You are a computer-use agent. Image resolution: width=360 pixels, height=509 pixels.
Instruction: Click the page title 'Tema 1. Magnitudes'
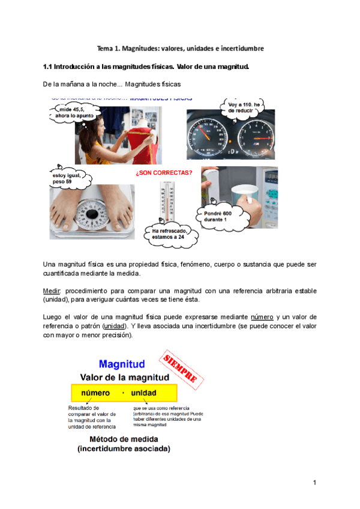181,47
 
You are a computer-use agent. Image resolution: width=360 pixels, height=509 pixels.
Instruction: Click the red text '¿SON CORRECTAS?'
164,173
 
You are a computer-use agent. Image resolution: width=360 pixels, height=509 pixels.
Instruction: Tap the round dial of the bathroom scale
92,214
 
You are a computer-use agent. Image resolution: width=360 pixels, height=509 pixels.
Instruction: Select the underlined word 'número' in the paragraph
262,317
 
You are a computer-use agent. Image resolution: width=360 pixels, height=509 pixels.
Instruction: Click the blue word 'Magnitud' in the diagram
122,364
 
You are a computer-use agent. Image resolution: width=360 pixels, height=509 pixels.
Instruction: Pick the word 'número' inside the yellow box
95,393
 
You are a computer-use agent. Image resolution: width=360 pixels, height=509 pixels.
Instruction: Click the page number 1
314,483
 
